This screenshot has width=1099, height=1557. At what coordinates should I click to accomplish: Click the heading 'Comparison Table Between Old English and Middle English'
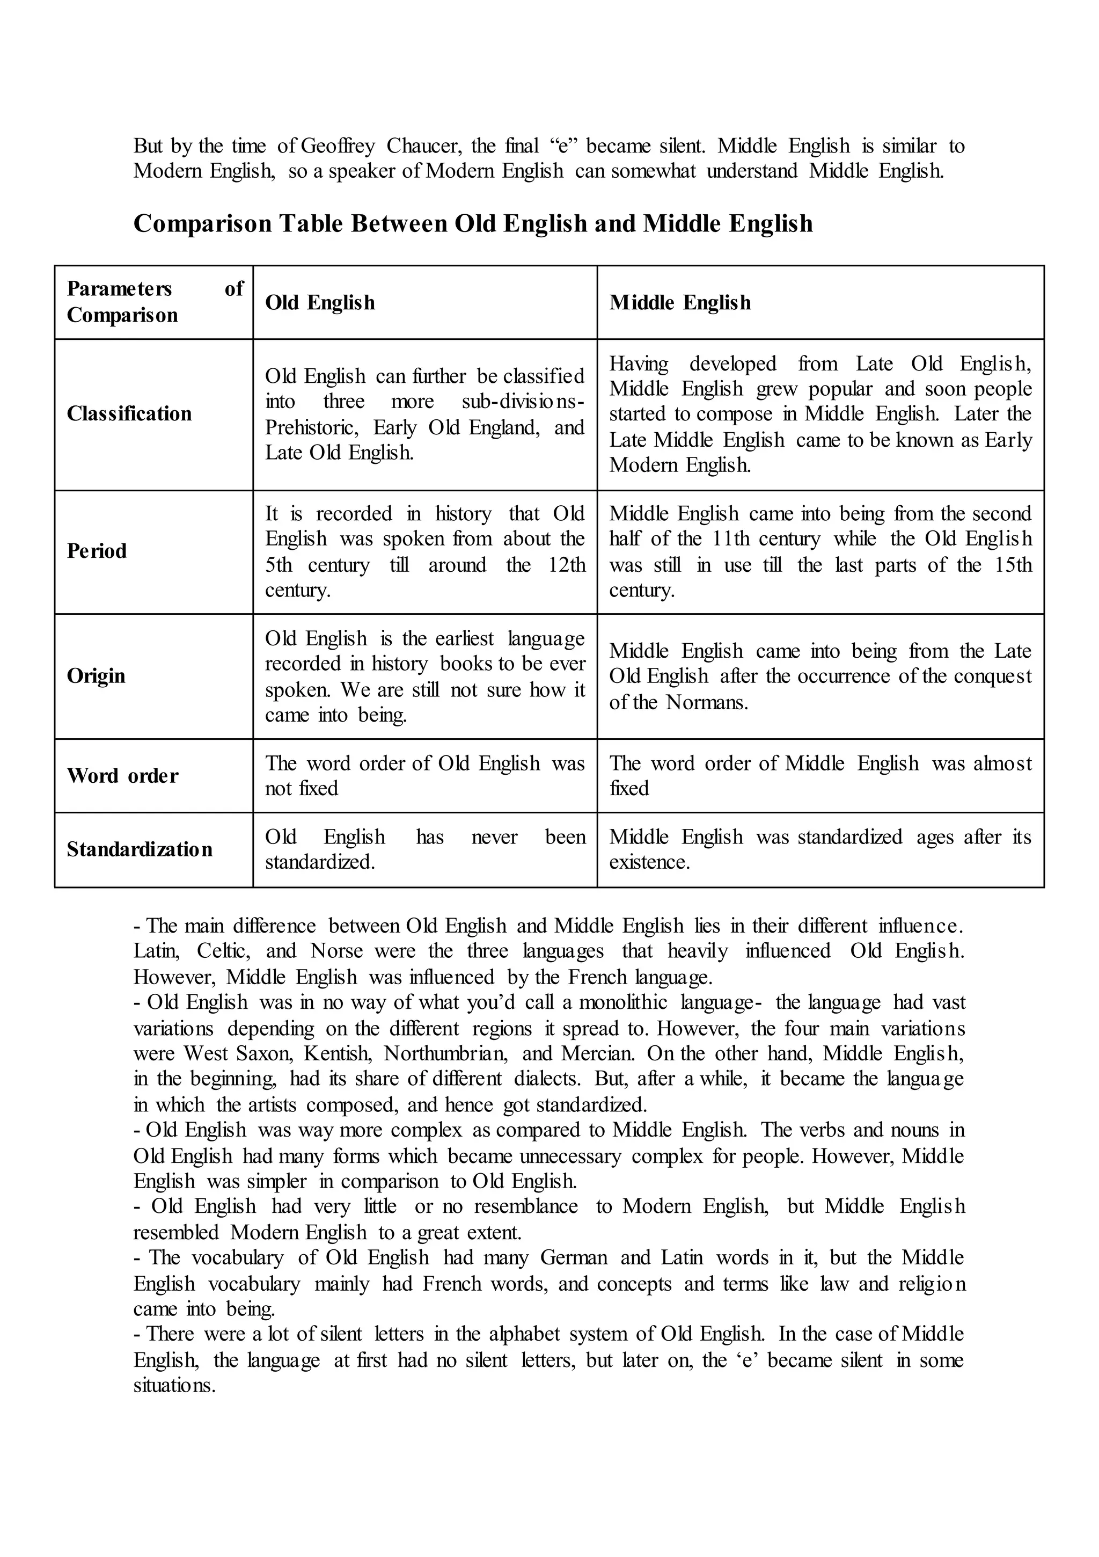coord(473,224)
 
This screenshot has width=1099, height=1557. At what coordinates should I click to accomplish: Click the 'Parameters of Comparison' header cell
coord(154,302)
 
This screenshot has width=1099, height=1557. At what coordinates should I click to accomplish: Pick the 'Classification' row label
coord(129,413)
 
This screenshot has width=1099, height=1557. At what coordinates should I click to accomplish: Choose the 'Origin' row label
coord(96,676)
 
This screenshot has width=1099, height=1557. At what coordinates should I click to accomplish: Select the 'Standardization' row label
coord(139,850)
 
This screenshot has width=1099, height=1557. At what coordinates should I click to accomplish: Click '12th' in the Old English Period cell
coord(567,565)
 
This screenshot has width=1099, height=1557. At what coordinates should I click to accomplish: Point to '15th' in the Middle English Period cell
coord(1013,565)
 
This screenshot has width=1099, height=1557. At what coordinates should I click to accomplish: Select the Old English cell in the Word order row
coord(424,776)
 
